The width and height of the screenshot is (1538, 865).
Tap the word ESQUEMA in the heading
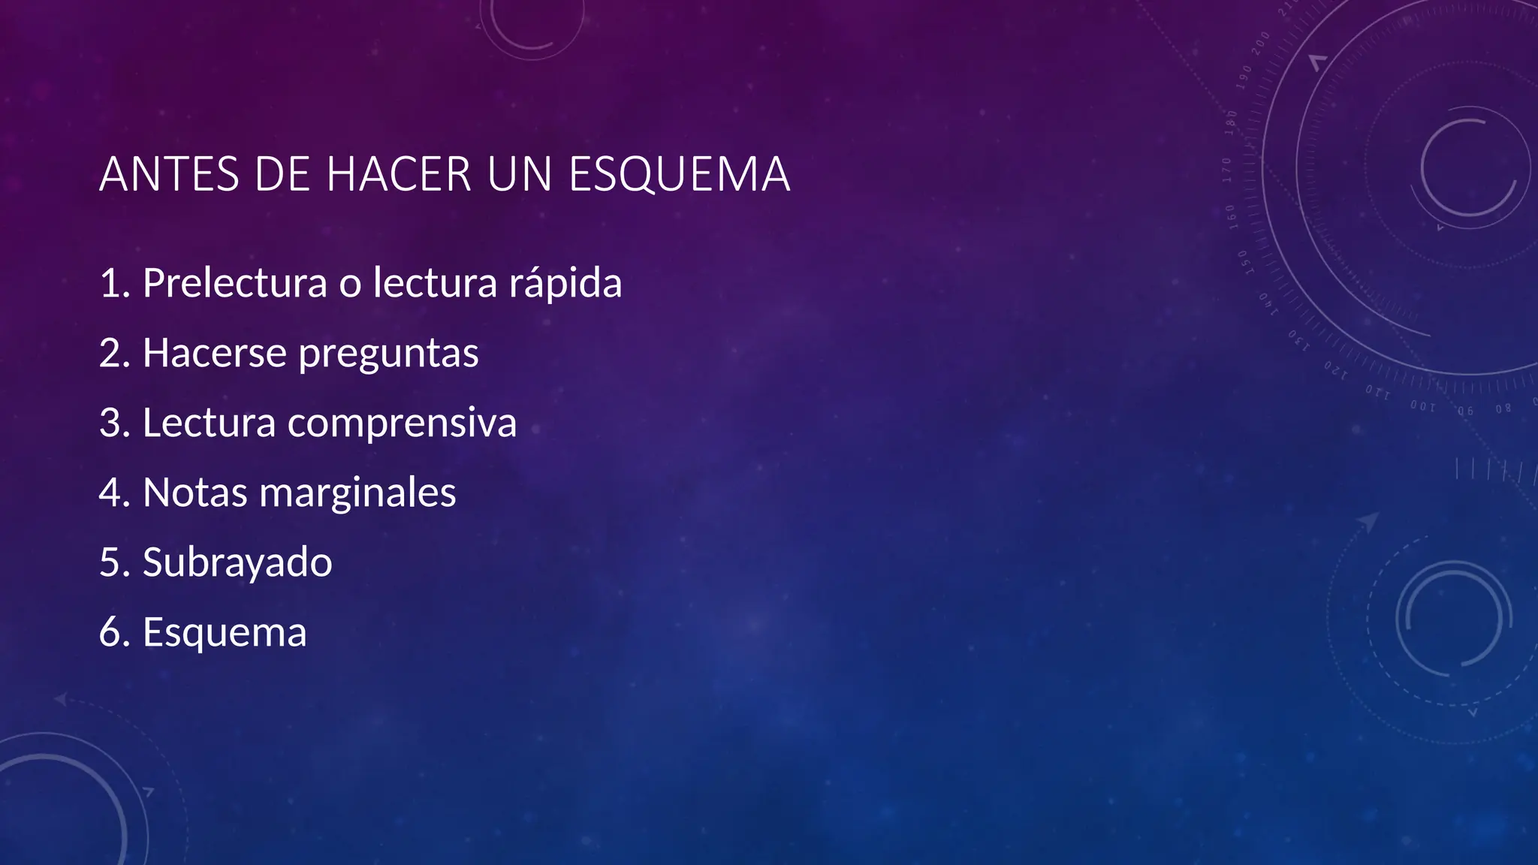(679, 174)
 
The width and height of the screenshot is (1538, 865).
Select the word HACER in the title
(399, 174)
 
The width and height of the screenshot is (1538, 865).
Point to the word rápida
(565, 283)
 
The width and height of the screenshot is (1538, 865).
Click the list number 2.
(113, 353)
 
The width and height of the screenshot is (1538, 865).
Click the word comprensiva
(402, 423)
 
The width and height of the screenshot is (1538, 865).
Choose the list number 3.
(113, 423)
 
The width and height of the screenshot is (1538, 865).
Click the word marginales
(357, 494)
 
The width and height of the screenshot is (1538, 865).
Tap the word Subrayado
(237, 562)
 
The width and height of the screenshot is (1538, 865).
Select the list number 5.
(113, 562)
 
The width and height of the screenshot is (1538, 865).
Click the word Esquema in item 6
(225, 633)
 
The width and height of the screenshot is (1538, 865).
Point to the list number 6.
(113, 632)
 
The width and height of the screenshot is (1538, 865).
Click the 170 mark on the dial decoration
(1227, 170)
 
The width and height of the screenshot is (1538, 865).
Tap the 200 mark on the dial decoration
(1260, 43)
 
